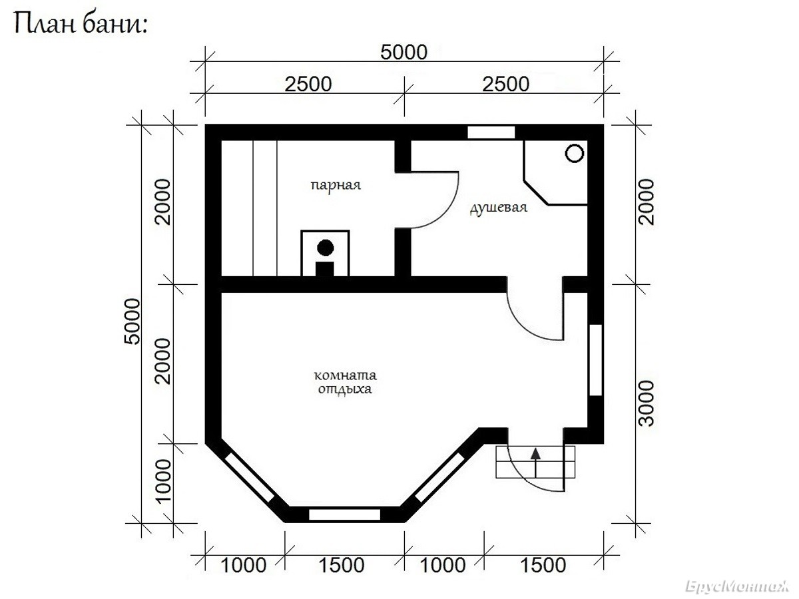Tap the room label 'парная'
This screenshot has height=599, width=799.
(x=336, y=186)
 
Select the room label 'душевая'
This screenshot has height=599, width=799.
(x=498, y=208)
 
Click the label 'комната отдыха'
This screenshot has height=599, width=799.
(x=345, y=382)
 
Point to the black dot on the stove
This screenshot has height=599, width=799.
(x=326, y=248)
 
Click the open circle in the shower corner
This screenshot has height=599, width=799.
(x=575, y=153)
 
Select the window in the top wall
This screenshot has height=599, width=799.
(x=491, y=132)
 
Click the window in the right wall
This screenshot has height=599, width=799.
(x=595, y=360)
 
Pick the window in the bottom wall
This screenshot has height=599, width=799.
(x=344, y=514)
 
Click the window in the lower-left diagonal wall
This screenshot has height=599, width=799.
(x=249, y=477)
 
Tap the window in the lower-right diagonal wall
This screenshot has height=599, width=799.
(x=439, y=477)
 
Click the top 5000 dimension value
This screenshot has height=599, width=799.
(x=403, y=53)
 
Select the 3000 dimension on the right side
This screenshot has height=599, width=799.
(x=647, y=403)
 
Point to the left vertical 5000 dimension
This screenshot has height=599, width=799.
(x=132, y=321)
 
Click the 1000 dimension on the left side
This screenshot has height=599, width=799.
(x=163, y=481)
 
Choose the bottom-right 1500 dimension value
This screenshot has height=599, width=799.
(x=543, y=566)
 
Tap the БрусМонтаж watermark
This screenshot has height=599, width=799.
(x=736, y=586)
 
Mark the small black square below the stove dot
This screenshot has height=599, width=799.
(x=325, y=269)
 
